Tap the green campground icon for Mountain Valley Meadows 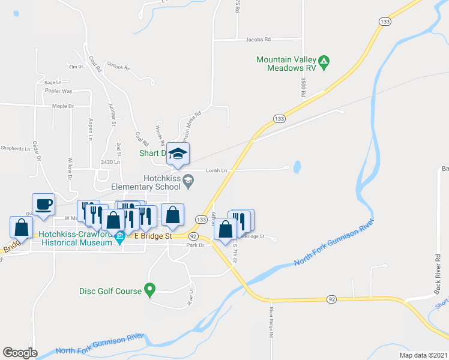[x=324, y=61]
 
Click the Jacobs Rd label [x=258, y=39]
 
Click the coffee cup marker [x=43, y=205]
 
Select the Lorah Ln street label [x=217, y=170]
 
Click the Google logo [x=20, y=353]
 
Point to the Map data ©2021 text [x=423, y=355]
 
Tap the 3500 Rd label [x=304, y=87]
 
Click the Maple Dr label [x=62, y=106]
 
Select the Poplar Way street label [x=58, y=91]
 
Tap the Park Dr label [x=196, y=245]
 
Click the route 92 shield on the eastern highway [x=331, y=298]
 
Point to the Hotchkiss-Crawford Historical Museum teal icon [x=119, y=238]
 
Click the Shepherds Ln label [x=15, y=148]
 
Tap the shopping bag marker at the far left [x=22, y=227]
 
